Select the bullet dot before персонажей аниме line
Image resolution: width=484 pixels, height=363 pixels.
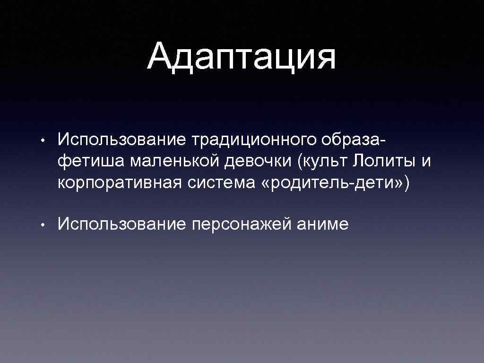coord(43,225)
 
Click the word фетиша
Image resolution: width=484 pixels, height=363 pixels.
coord(91,161)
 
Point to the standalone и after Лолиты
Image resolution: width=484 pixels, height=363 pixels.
coord(426,162)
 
